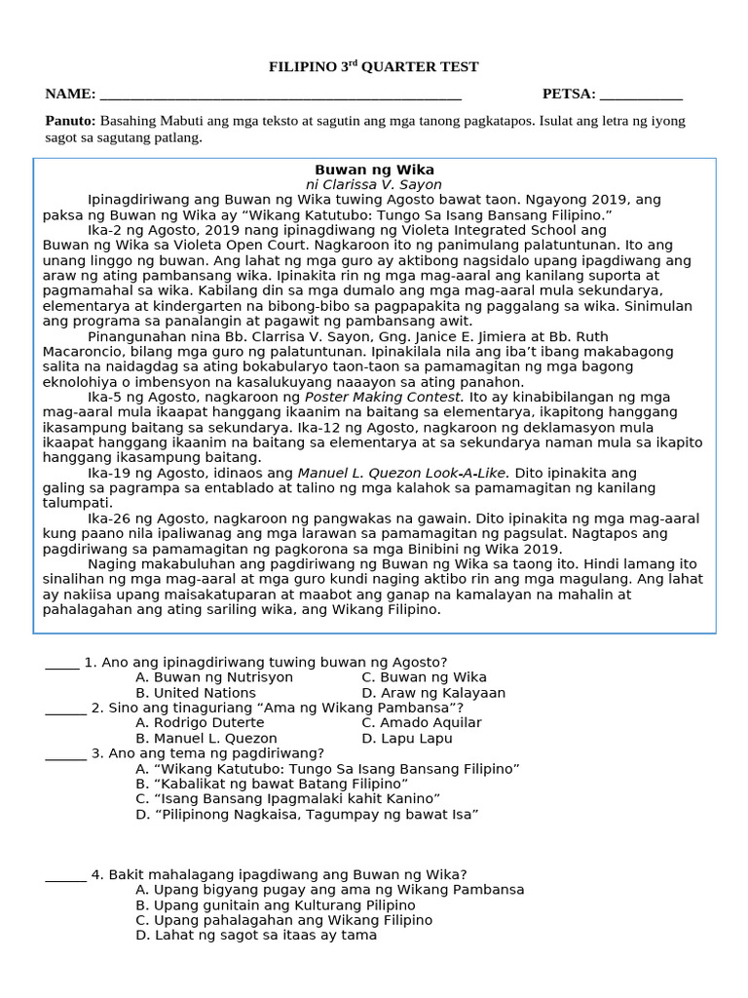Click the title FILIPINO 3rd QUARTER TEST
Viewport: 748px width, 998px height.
pyautogui.click(x=374, y=67)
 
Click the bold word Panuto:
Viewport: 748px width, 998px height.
pyautogui.click(x=70, y=121)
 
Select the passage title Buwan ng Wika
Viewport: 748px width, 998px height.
pyautogui.click(x=374, y=170)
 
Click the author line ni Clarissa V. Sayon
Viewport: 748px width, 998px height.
pyautogui.click(x=374, y=184)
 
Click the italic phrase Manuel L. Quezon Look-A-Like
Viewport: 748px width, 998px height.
pyautogui.click(x=403, y=473)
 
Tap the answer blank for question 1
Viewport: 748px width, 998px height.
pyautogui.click(x=62, y=665)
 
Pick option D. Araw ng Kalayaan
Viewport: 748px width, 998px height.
pyautogui.click(x=433, y=693)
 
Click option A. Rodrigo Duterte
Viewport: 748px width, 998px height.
pyautogui.click(x=200, y=723)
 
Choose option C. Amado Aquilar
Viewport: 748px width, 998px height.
pyautogui.click(x=421, y=723)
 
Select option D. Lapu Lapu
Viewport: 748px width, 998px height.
pyautogui.click(x=406, y=739)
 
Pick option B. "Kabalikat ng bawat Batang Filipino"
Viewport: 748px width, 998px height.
pyautogui.click(x=272, y=784)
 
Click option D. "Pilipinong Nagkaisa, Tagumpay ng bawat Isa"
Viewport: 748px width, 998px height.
pyautogui.click(x=307, y=814)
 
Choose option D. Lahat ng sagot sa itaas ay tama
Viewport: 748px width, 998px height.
pyautogui.click(x=256, y=935)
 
